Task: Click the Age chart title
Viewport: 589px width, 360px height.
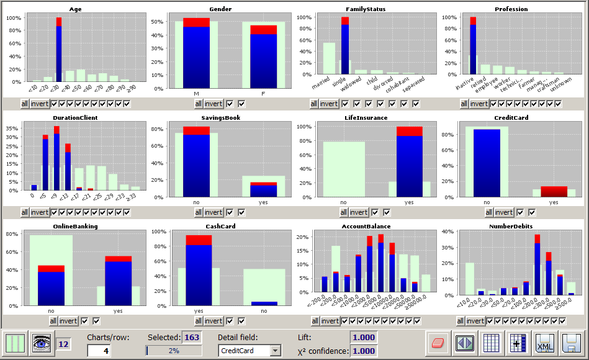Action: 75,9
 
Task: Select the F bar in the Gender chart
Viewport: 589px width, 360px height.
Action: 264,59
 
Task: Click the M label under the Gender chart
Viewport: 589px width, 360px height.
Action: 196,93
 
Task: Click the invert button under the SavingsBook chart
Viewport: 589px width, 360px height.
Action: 214,212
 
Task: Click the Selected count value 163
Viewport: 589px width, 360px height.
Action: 192,337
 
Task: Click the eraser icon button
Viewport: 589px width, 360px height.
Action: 438,343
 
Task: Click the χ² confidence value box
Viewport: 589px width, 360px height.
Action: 364,351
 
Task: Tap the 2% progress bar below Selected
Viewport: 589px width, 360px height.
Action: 174,351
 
